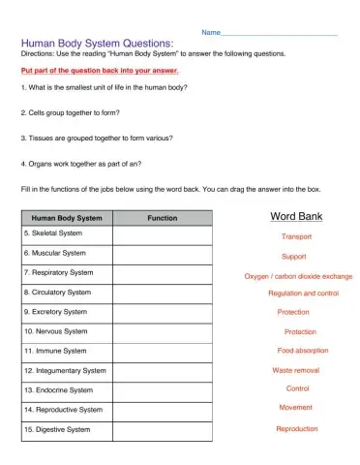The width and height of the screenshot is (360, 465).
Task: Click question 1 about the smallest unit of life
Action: pos(103,87)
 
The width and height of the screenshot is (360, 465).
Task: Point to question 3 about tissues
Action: pos(96,138)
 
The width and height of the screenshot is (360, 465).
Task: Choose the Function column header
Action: pos(162,218)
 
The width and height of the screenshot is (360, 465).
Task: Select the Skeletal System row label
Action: pos(53,233)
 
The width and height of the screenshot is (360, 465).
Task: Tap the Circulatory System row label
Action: pos(57,292)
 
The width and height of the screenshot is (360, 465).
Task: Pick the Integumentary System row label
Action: pos(65,370)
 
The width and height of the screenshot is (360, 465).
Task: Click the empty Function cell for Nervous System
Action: pos(162,331)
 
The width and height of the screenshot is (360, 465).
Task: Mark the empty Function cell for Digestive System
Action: pos(162,429)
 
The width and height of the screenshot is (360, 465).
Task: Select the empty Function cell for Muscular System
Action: pos(162,253)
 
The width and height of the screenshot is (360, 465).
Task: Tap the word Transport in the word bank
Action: pos(296,237)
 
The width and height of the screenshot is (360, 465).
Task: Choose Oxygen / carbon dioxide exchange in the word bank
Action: pos(297,276)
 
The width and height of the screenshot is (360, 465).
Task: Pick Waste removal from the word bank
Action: pos(297,370)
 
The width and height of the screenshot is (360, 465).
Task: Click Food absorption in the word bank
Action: pos(302,350)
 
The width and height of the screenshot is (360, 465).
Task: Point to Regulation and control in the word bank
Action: pos(303,293)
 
